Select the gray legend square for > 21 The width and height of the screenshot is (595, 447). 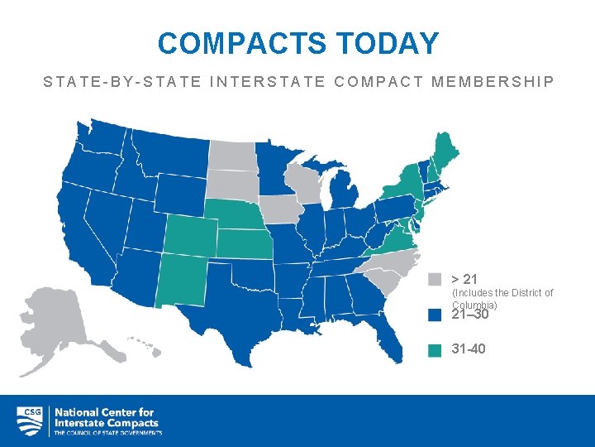pos(436,279)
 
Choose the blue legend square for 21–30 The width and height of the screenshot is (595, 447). pos(436,315)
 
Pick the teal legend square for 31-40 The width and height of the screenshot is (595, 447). pos(436,349)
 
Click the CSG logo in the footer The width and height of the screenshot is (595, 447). pos(30,421)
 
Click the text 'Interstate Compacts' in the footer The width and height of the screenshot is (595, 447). pos(106,422)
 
